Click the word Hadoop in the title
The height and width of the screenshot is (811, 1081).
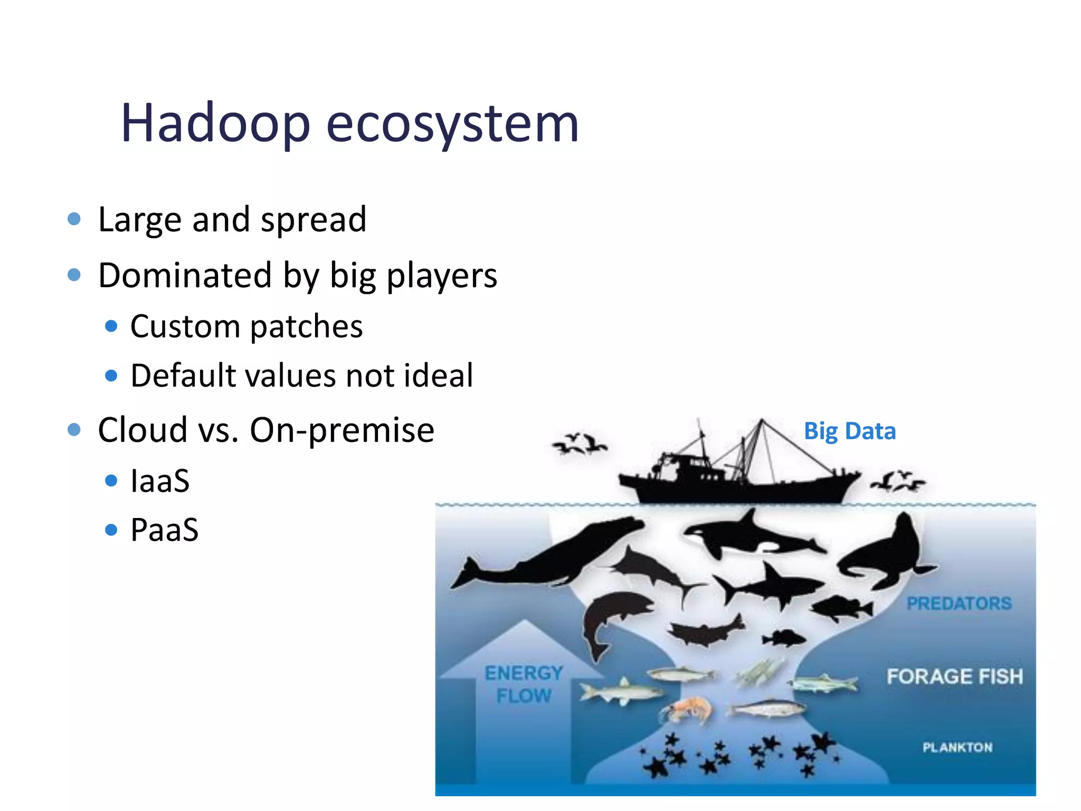[215, 124]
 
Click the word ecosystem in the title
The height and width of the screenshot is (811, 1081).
[452, 124]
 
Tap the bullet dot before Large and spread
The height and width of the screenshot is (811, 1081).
[74, 219]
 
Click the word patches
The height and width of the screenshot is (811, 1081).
[306, 326]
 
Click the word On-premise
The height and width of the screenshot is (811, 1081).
[342, 430]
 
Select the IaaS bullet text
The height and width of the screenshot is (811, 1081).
[160, 480]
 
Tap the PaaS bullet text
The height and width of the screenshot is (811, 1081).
[164, 530]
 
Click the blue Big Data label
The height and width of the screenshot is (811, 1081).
[849, 431]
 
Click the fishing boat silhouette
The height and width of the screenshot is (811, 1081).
[739, 475]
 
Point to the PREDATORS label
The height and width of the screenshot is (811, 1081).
[959, 603]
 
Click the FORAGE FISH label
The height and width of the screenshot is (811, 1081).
[954, 676]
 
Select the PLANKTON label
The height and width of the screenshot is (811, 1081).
[957, 747]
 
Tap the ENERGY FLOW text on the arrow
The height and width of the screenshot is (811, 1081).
[524, 684]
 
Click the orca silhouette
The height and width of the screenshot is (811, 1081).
[750, 536]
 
